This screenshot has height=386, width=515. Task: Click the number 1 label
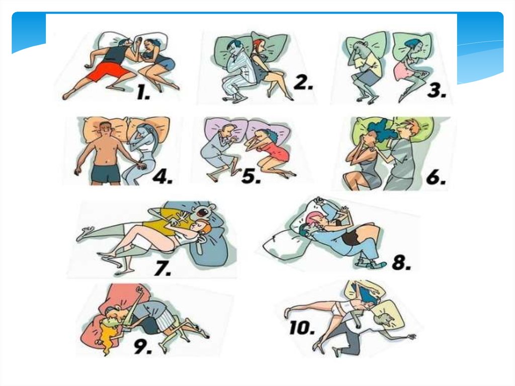point(143,93)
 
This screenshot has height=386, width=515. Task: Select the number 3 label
point(437,90)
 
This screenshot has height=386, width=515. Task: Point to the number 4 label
point(162,177)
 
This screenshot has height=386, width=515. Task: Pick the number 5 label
point(251,176)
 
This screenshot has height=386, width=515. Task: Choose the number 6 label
point(436,177)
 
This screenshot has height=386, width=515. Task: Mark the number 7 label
point(163,268)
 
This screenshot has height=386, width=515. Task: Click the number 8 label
point(401,262)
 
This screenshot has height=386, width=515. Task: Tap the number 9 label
point(143,347)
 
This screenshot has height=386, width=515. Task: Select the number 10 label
point(302,328)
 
